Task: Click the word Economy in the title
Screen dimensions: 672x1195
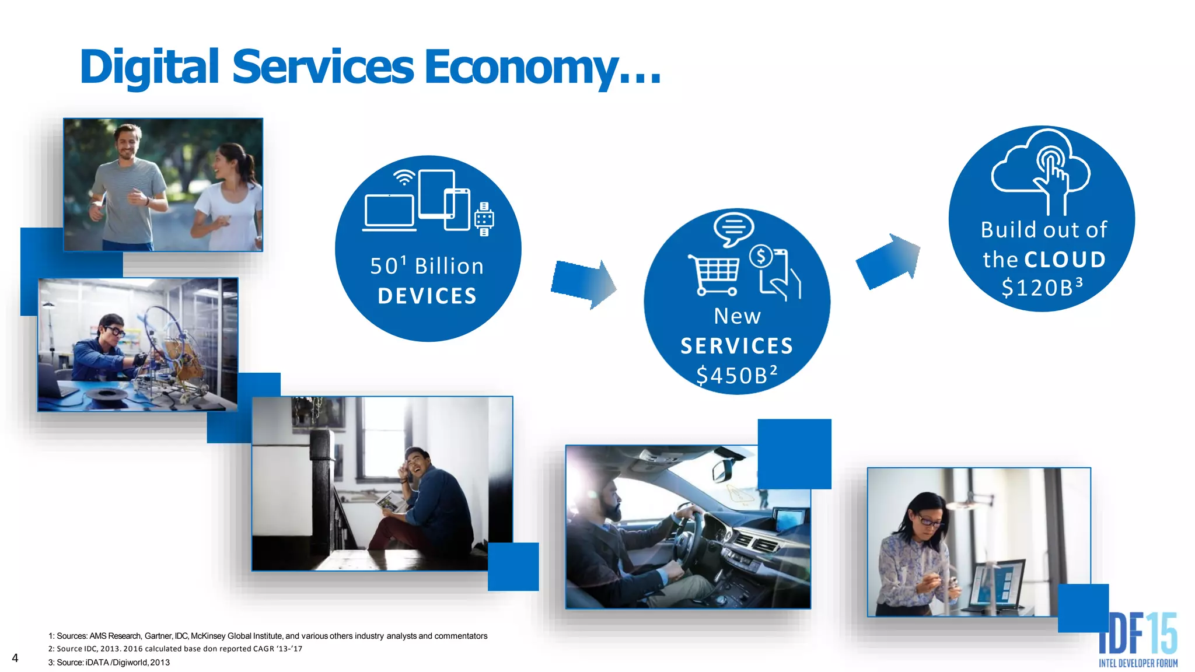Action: point(522,68)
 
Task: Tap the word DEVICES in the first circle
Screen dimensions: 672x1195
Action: point(427,296)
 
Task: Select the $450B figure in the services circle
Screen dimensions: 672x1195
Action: point(736,375)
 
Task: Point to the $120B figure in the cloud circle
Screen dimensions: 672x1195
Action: point(1042,287)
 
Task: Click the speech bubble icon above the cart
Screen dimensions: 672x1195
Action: point(733,228)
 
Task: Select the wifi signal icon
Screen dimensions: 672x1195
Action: point(404,177)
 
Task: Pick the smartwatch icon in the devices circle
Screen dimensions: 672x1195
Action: point(484,219)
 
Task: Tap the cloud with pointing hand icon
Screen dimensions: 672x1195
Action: point(1042,169)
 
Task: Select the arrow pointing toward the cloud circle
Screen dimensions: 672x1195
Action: point(888,261)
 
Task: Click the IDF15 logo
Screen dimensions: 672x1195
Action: point(1138,639)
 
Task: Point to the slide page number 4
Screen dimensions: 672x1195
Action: point(15,658)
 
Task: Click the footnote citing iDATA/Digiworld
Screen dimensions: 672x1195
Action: point(109,662)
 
